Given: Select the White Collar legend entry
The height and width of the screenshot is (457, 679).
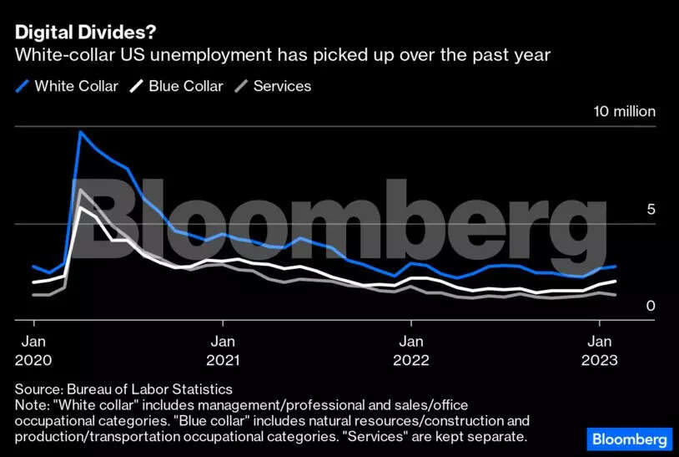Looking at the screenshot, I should [x=76, y=86].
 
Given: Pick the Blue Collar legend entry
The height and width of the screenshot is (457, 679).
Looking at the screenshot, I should [x=185, y=86].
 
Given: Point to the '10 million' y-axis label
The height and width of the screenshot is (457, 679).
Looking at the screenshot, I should [x=624, y=112].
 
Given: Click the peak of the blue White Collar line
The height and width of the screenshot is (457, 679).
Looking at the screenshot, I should [x=81, y=132].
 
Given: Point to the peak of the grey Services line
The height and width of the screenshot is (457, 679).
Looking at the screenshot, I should [x=80, y=190].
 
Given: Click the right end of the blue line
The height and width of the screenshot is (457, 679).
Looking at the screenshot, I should [x=615, y=267].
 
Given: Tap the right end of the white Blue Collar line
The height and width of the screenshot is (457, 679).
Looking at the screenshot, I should [x=615, y=282].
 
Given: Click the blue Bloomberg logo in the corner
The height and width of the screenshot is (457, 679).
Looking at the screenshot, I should [x=630, y=439].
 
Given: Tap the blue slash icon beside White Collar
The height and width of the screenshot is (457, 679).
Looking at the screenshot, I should [x=22, y=86].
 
